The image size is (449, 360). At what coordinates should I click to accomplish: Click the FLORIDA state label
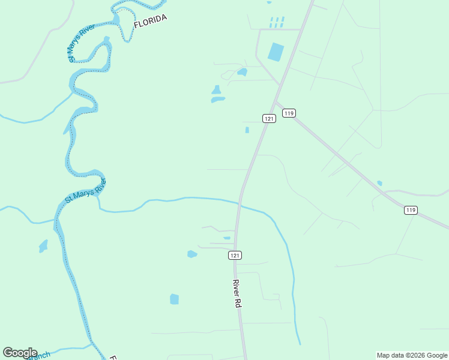149,22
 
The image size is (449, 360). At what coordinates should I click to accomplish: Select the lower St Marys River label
86,190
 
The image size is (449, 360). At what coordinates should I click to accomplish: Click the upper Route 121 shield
269,119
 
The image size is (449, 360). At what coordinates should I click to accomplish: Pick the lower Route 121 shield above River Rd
235,256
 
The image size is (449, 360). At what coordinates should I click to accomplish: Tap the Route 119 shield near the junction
289,113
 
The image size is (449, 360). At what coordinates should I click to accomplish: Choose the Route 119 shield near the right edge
411,210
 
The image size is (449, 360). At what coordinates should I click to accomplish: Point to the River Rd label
237,293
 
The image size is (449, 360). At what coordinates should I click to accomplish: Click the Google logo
20,353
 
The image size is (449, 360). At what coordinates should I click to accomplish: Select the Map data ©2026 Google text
411,355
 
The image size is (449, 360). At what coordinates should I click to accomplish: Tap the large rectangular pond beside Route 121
276,52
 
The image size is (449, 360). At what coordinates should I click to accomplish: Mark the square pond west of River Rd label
174,299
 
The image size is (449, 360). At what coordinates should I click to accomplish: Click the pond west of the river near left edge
43,246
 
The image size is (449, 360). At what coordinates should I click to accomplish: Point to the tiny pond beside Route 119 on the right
379,183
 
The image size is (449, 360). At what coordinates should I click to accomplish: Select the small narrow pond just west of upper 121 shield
247,130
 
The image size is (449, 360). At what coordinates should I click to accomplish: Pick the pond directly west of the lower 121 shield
192,254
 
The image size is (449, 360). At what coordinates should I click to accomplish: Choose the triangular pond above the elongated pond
215,90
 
